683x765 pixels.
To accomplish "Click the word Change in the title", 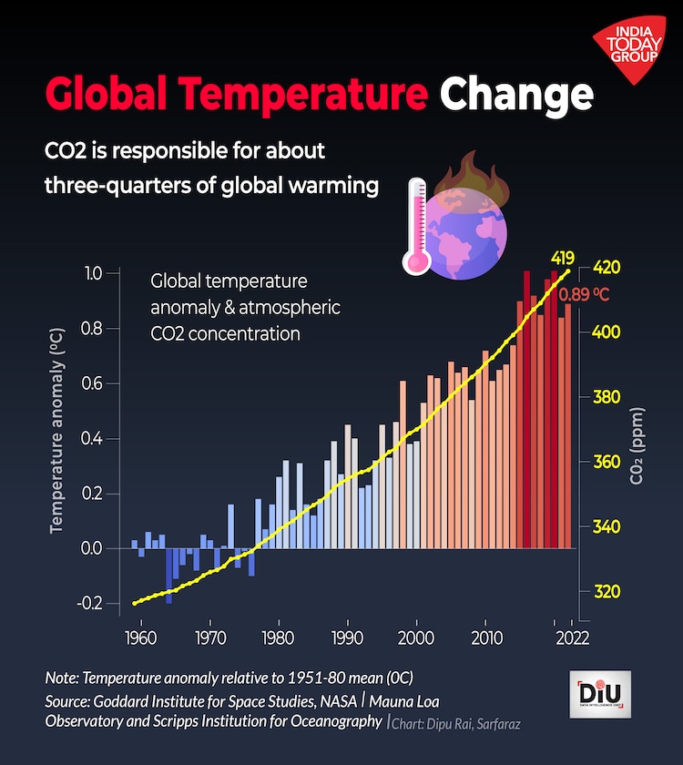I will [x=516, y=94].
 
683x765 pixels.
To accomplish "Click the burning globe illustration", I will [x=465, y=224].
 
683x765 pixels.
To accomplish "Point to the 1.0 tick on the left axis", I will [x=95, y=273].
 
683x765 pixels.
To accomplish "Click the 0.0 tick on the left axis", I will [x=95, y=548].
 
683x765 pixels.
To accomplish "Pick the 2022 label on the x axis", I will [x=571, y=637].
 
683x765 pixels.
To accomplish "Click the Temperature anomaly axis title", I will [x=57, y=437].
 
